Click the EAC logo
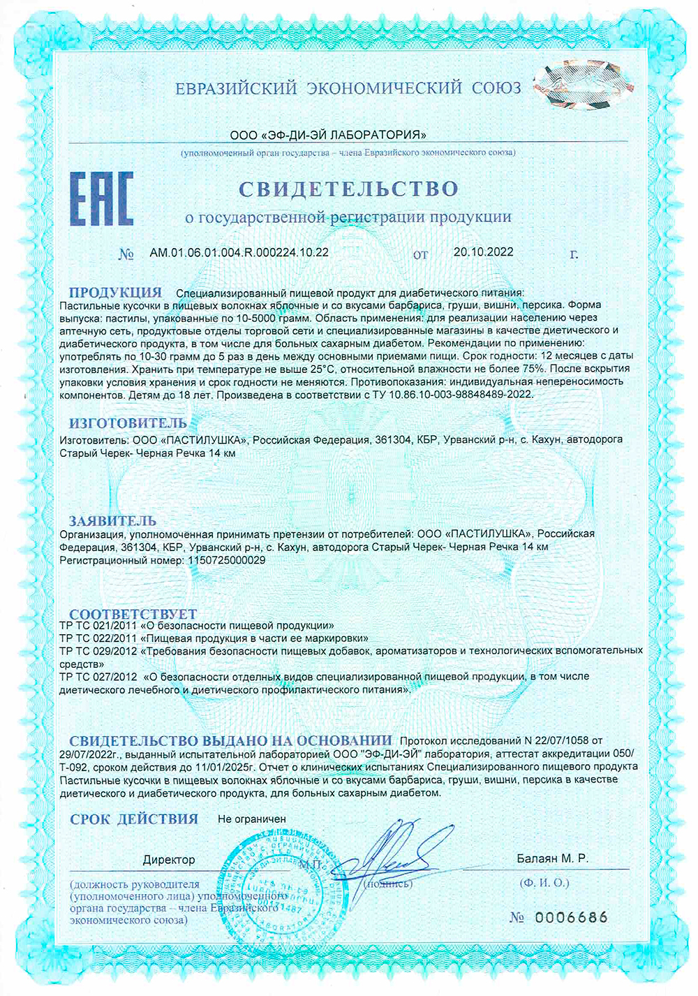coord(101,199)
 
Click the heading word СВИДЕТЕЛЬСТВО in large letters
coord(348,189)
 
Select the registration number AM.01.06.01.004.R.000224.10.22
coord(239,252)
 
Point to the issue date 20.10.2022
coord(483,252)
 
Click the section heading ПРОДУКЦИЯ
coord(115,292)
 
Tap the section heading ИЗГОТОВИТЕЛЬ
coord(128,423)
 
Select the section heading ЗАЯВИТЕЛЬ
coord(112,520)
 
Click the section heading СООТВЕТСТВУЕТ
coord(133,614)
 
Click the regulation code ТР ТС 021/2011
coord(98,626)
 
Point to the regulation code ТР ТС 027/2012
coord(98,677)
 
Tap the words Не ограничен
coord(252,819)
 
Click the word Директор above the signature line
coord(169,859)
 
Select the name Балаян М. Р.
coord(552,858)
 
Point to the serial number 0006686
coord(571,917)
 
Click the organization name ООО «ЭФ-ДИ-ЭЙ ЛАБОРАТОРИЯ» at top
coord(328,135)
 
